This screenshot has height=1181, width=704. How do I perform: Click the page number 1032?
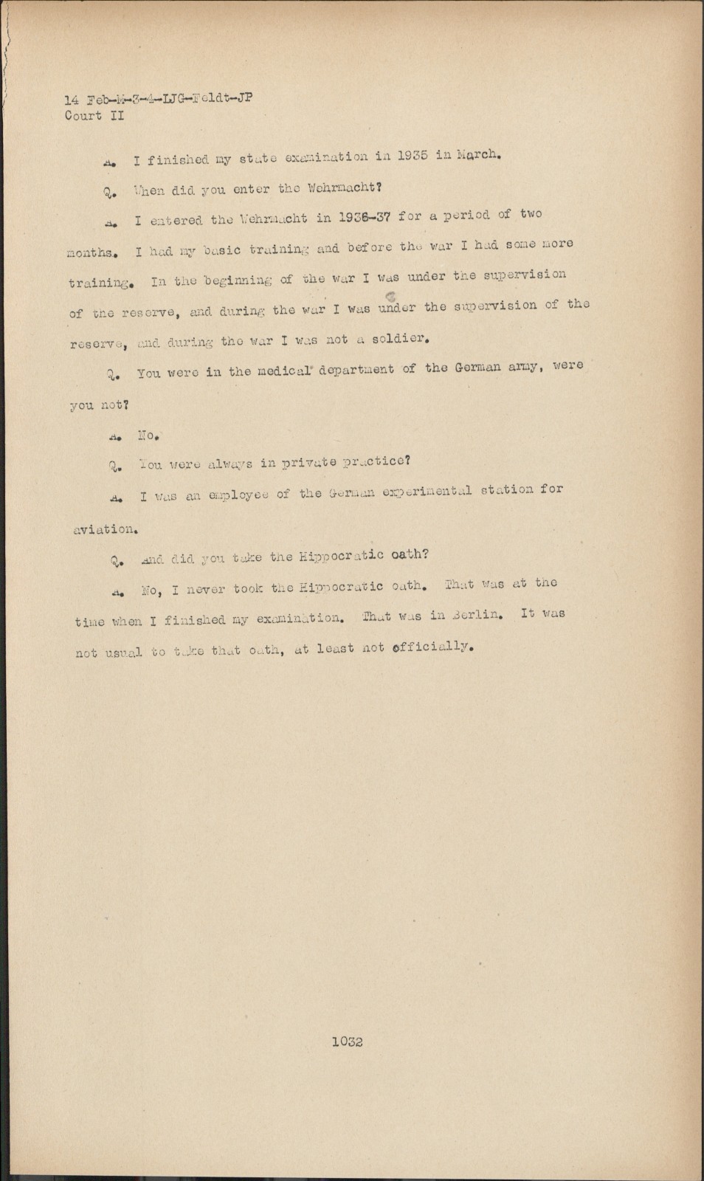coord(347,1041)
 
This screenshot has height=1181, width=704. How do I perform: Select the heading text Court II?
coord(94,116)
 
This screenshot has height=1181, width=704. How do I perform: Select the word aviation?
coord(104,528)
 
